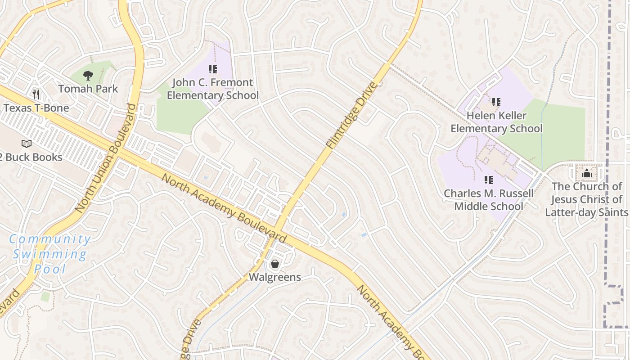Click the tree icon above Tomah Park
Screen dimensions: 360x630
pos(88,76)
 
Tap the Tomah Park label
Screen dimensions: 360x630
pos(88,89)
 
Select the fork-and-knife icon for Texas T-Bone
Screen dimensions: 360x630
pos(36,94)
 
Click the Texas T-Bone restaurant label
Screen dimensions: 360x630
pos(36,108)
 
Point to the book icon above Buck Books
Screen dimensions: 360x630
pos(27,144)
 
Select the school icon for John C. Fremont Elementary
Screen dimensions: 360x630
pos(213,69)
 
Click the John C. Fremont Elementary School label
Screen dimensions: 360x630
pos(213,89)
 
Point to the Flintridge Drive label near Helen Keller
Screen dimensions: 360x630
pos(351,116)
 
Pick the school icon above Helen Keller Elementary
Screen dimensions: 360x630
pos(496,102)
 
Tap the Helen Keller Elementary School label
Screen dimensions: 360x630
pos(496,122)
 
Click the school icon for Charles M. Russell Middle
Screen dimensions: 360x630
pos(489,180)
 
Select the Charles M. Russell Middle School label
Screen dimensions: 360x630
pos(489,200)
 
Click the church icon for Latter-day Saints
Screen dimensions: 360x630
pos(586,173)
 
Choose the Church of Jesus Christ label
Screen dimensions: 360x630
pos(586,199)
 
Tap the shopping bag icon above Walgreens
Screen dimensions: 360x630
pos(275,264)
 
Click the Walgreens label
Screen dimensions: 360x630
pos(275,277)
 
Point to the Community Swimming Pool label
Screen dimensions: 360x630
pos(49,254)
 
